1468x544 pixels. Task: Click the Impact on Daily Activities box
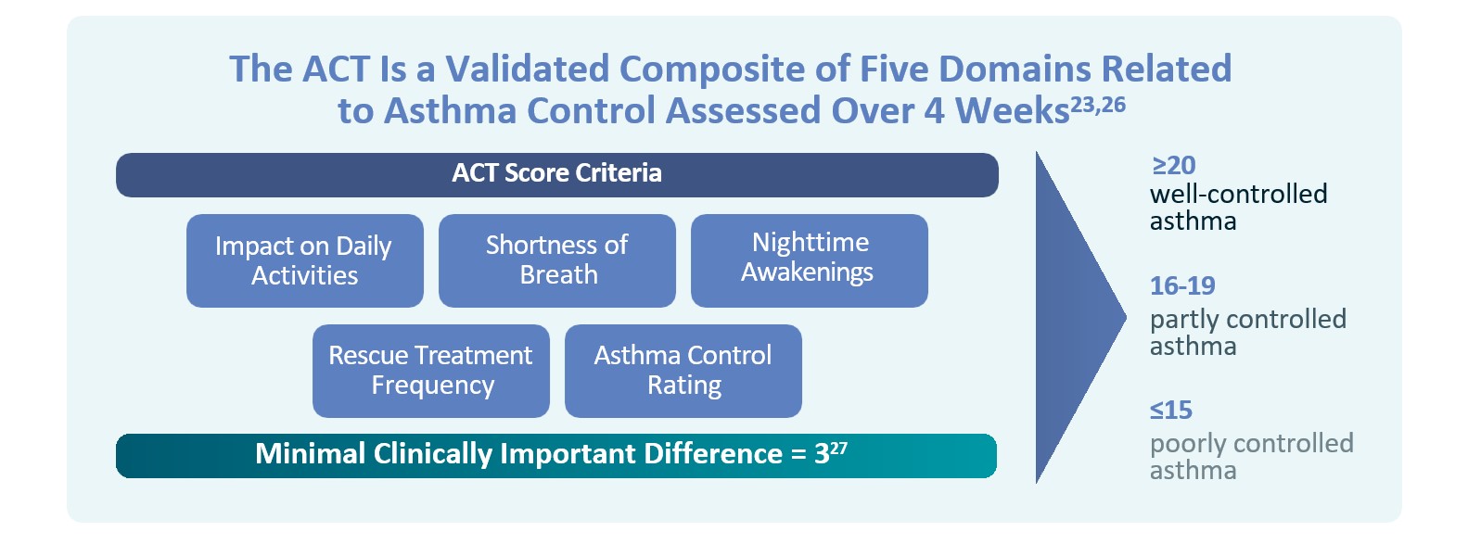coord(305,260)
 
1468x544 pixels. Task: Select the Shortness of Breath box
coord(557,260)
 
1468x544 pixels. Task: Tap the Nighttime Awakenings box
coord(810,260)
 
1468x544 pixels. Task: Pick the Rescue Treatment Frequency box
coord(431,372)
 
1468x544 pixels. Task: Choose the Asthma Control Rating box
coord(683,372)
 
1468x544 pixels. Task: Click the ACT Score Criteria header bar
coord(557,175)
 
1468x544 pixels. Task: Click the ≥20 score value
coord(1174,166)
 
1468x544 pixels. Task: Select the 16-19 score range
coord(1182,286)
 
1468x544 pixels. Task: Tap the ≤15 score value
coord(1171,411)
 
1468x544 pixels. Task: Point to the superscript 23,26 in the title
coord(1098,105)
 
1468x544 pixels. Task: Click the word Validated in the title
coord(528,69)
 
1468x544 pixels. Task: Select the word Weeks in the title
coord(1012,110)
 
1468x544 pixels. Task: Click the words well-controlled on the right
coord(1239,195)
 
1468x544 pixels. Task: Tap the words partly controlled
coord(1248,320)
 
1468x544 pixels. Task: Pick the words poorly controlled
coord(1252,444)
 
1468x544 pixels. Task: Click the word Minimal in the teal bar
coord(310,454)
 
